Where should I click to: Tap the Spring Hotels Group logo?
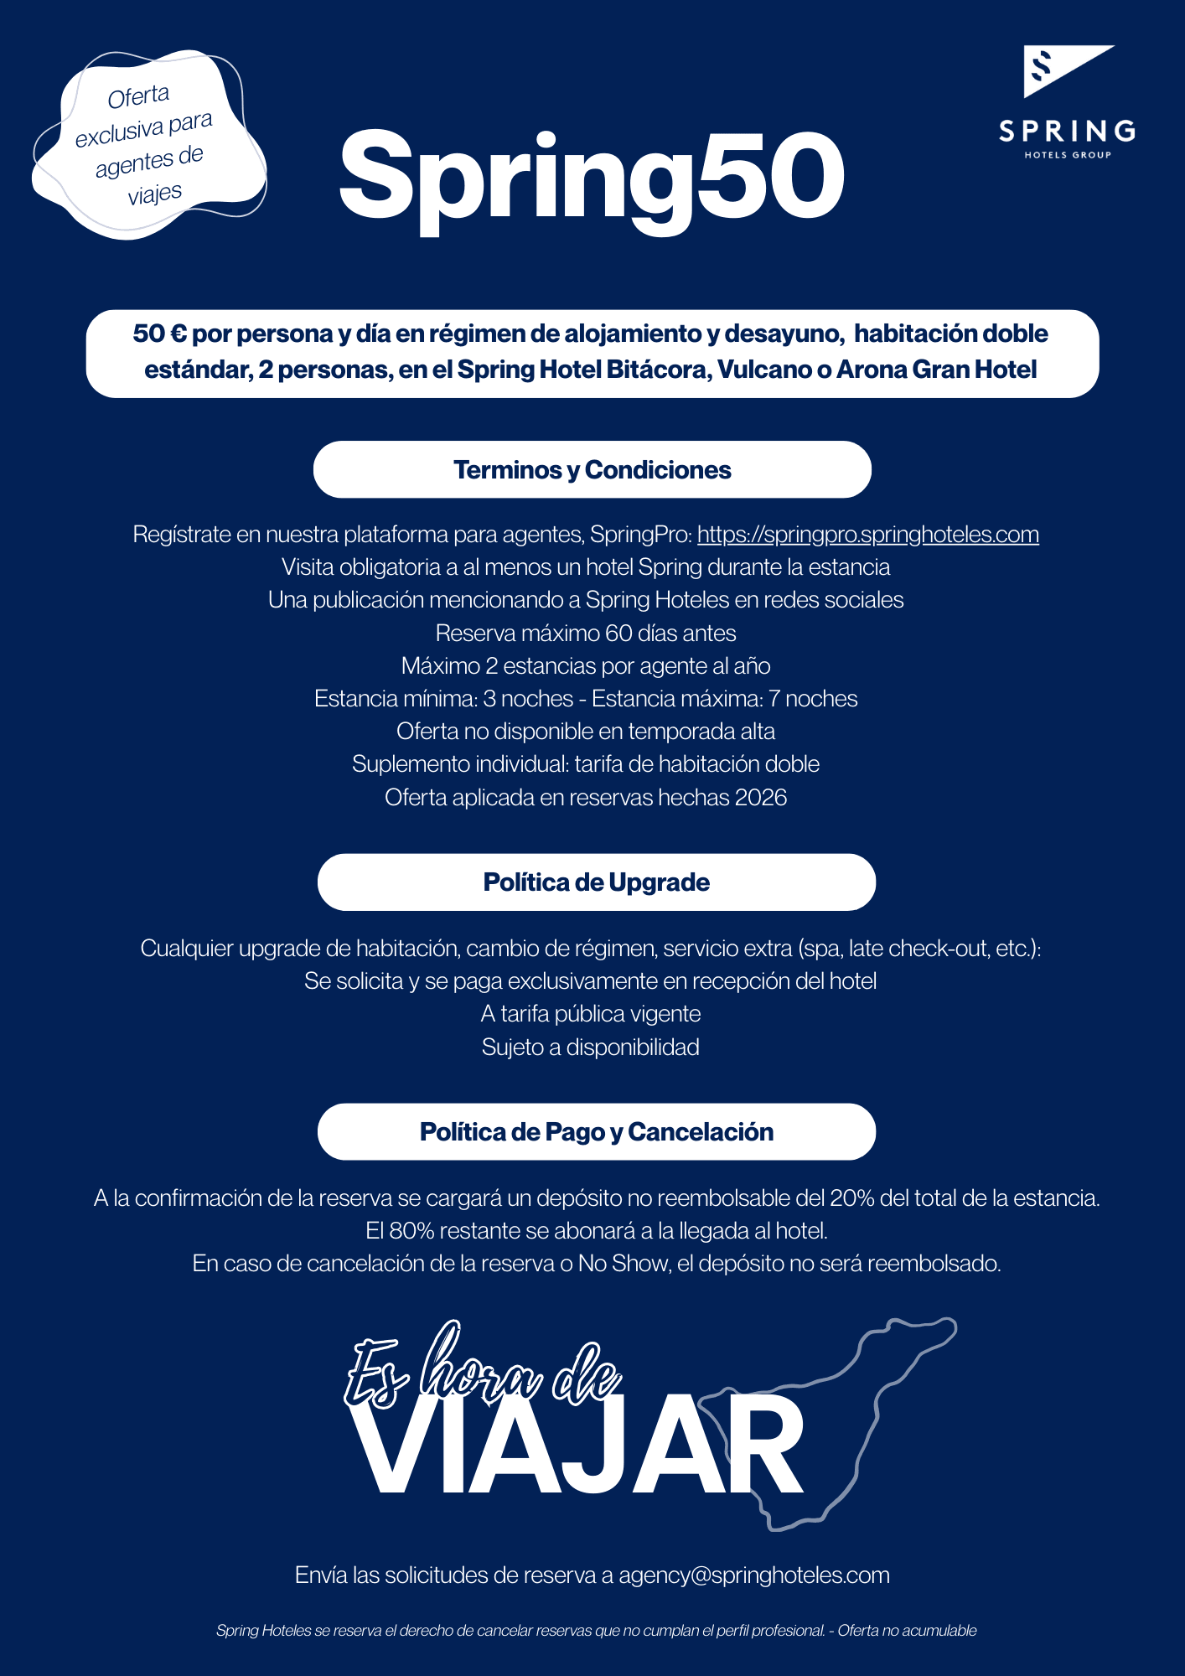click(x=1068, y=101)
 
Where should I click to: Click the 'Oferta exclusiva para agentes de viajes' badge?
click(x=147, y=145)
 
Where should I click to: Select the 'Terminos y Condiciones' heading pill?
click(x=592, y=470)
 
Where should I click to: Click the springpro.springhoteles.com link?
click(x=867, y=535)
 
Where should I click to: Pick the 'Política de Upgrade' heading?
click(x=596, y=882)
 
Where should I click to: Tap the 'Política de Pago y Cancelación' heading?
click(x=596, y=1132)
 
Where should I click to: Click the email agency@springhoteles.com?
click(x=753, y=1575)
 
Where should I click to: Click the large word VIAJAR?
click(x=578, y=1446)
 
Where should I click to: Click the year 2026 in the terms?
click(x=760, y=798)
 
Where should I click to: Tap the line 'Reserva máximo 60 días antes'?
click(x=586, y=634)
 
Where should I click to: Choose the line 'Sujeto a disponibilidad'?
click(x=590, y=1047)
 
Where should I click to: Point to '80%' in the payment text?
click(x=411, y=1231)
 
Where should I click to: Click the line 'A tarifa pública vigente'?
click(x=590, y=1014)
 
